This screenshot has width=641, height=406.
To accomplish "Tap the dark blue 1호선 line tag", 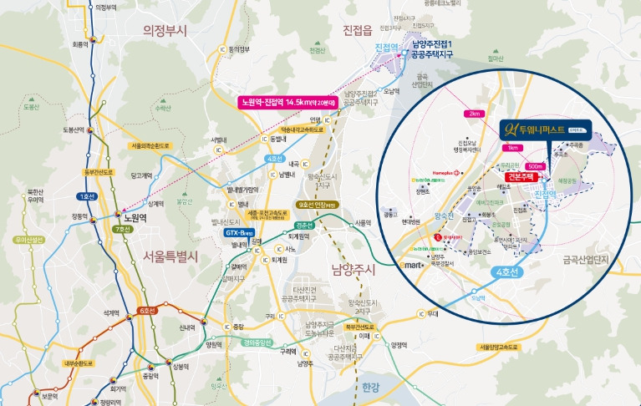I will (x=86, y=196).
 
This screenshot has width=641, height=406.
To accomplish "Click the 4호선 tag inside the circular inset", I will (x=506, y=272).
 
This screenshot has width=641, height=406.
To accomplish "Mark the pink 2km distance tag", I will (x=474, y=114).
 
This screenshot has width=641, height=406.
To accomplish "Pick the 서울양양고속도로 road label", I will (x=501, y=347).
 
